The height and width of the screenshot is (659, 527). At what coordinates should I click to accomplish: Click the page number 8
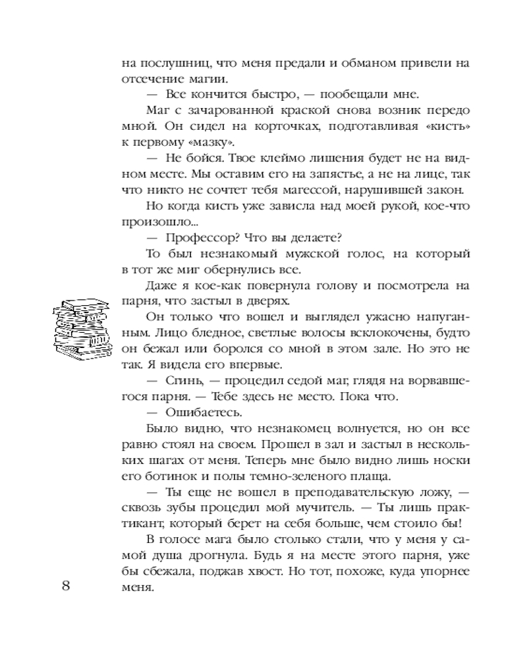point(67,587)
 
